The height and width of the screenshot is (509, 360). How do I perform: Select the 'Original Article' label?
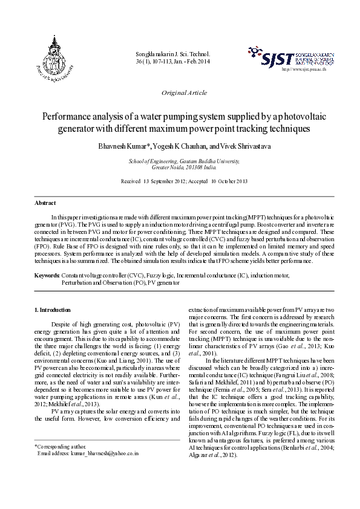pos(185,93)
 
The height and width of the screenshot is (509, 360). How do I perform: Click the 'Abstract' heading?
pos(45,203)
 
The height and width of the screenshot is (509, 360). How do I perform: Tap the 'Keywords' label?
pos(46,275)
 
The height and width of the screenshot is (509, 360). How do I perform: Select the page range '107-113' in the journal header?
pos(163,62)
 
